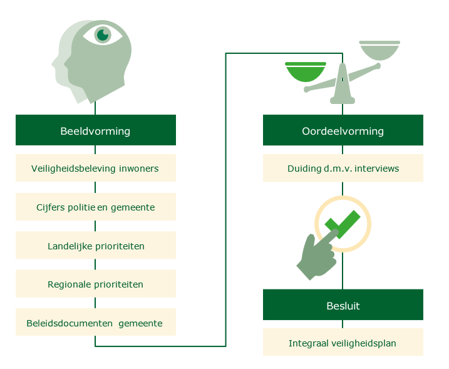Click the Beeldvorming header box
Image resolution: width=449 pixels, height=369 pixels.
(95, 131)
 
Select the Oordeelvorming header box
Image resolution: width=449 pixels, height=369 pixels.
(343, 131)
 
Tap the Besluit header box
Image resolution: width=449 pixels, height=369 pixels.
(343, 306)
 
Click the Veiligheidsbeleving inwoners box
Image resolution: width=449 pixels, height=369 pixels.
(95, 168)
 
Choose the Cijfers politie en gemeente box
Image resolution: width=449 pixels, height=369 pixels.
(95, 207)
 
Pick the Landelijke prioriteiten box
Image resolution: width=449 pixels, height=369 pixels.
(95, 246)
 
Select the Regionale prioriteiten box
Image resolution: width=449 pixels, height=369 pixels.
(95, 284)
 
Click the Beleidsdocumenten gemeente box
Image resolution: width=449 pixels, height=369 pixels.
(95, 323)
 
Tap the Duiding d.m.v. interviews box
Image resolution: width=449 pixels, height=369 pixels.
(343, 168)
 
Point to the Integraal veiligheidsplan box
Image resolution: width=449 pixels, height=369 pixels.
(343, 343)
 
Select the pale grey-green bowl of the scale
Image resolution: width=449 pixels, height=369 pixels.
(379, 50)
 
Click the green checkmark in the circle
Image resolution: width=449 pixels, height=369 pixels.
(342, 224)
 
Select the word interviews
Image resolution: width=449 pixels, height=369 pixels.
(378, 168)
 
